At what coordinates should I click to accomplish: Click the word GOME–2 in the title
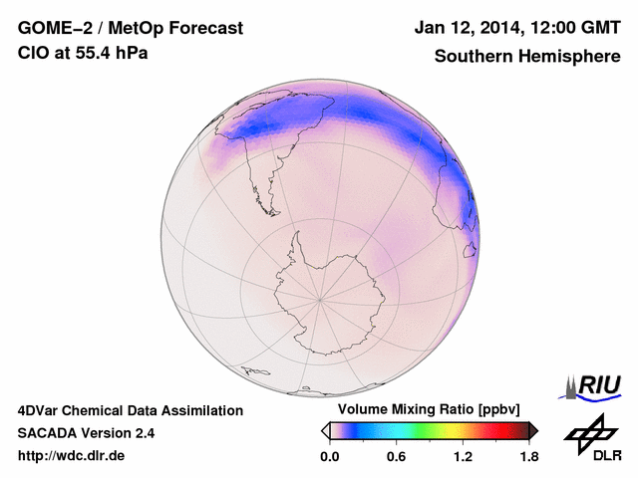(x=50, y=29)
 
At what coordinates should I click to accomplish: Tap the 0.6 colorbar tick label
(x=396, y=457)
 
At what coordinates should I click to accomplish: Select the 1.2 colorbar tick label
(x=463, y=457)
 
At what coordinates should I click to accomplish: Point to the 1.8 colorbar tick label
(x=529, y=457)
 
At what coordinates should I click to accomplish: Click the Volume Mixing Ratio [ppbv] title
(x=426, y=410)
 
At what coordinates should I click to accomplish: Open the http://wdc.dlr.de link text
(x=72, y=457)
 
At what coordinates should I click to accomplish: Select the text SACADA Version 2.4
(x=86, y=433)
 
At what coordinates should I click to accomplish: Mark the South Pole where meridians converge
(x=319, y=298)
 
